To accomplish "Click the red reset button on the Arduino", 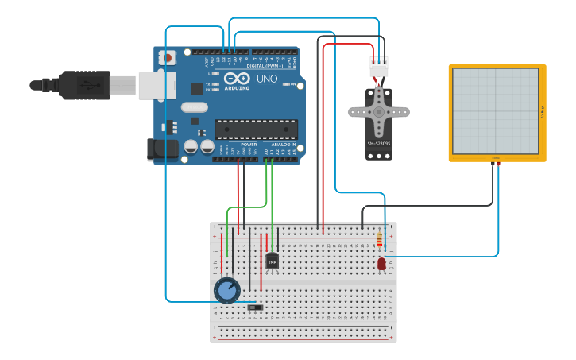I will pyautogui.click(x=168, y=57).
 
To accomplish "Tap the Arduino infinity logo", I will pyautogui.click(x=237, y=79).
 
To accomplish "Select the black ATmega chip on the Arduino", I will pyautogui.click(x=256, y=129).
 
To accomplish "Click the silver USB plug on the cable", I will pyautogui.click(x=157, y=85).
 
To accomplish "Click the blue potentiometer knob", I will pyautogui.click(x=227, y=290).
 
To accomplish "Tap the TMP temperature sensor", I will pyautogui.click(x=273, y=261).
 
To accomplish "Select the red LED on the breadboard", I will pyautogui.click(x=381, y=263).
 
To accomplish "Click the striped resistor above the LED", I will pyautogui.click(x=379, y=240).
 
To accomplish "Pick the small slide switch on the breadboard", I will pyautogui.click(x=255, y=308).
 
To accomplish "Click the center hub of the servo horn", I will pyautogui.click(x=379, y=112).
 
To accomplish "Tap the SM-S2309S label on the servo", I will pyautogui.click(x=378, y=144).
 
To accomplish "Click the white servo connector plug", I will pyautogui.click(x=379, y=67).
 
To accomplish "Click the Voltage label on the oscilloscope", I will pyautogui.click(x=541, y=110).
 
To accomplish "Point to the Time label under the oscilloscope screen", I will pyautogui.click(x=496, y=157).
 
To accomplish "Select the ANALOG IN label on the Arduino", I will pyautogui.click(x=282, y=145).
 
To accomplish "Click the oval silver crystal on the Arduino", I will pyautogui.click(x=194, y=107).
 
